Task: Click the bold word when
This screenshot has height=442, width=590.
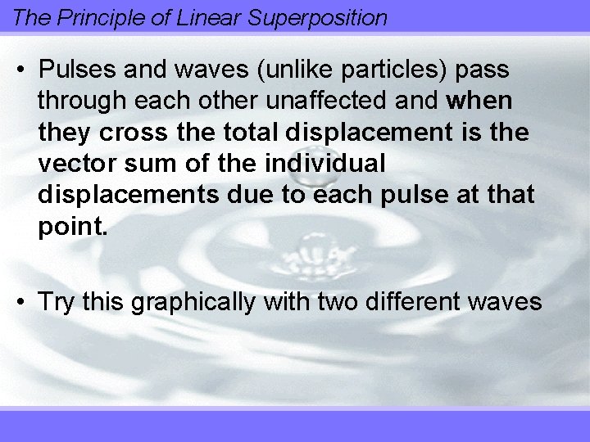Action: tap(481, 101)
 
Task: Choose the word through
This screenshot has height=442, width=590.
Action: tap(84, 101)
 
